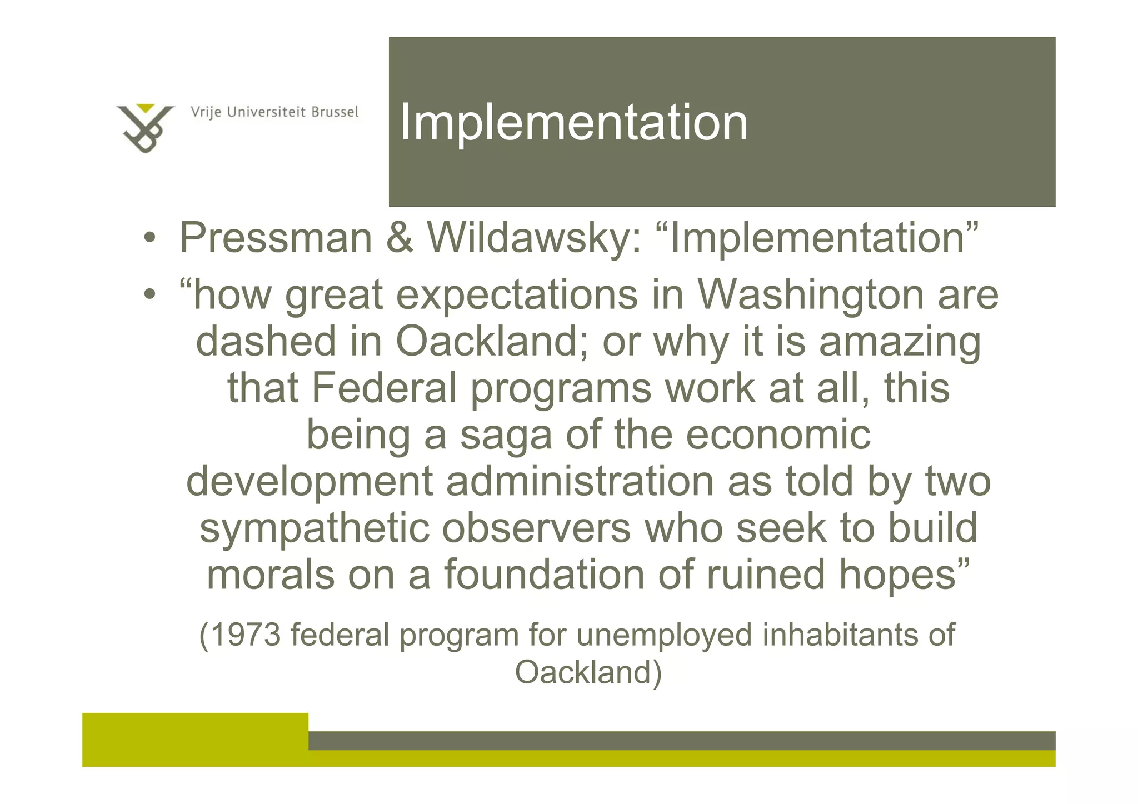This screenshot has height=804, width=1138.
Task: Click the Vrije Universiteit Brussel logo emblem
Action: click(144, 127)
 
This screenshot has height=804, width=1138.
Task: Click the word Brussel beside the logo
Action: click(335, 112)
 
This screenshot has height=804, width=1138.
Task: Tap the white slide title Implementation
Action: click(573, 123)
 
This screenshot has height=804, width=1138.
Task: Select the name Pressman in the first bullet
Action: click(276, 238)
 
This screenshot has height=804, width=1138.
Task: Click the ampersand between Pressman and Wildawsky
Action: click(399, 238)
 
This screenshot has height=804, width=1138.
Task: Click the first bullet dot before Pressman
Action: click(148, 239)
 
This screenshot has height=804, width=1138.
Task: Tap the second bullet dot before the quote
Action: click(148, 295)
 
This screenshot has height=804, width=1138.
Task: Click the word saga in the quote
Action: click(506, 435)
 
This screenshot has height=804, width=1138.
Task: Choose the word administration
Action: click(580, 481)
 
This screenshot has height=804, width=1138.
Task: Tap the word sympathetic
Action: click(315, 529)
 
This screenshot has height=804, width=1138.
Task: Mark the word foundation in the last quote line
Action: click(544, 575)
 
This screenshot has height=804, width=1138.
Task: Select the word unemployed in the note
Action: click(665, 636)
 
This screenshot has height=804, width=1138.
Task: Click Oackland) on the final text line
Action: click(588, 672)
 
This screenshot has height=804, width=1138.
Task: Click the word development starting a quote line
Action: click(309, 481)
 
